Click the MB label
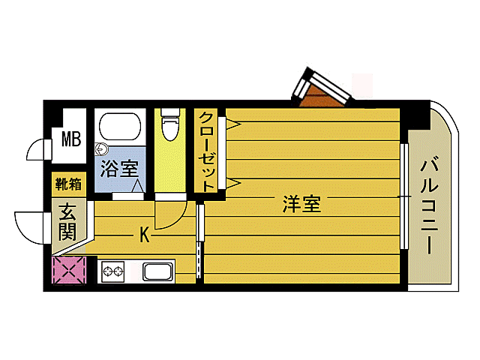(71, 139)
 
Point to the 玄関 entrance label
(68, 223)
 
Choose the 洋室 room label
(301, 204)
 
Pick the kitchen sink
(158, 272)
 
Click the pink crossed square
(70, 270)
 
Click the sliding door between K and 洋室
(199, 241)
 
